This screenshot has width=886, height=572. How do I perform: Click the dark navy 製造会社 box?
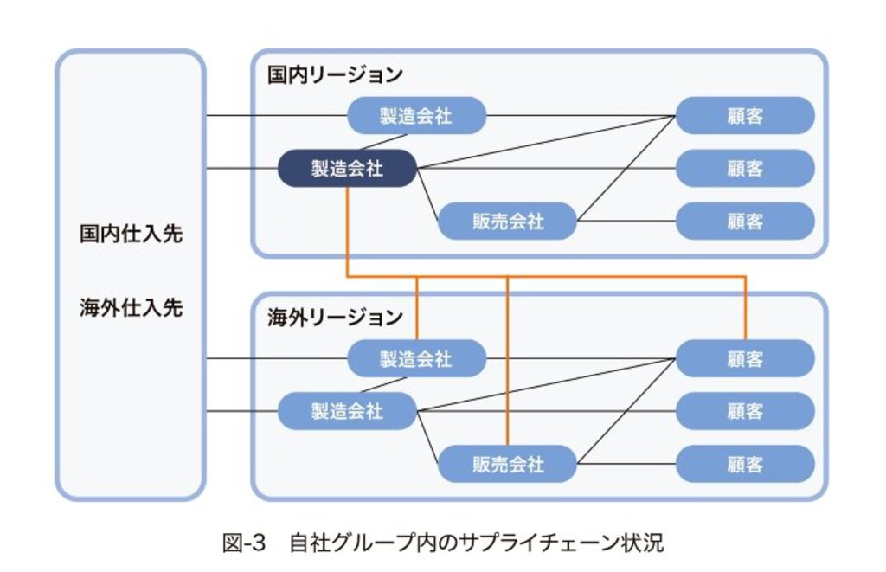pyautogui.click(x=347, y=168)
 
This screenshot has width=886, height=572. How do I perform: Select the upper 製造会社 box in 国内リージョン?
pyautogui.click(x=416, y=115)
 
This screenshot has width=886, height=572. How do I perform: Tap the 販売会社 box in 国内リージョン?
pyautogui.click(x=507, y=221)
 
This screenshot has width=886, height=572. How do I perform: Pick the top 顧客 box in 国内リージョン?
pyautogui.click(x=744, y=115)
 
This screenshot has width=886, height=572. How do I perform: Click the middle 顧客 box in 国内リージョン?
pyautogui.click(x=744, y=168)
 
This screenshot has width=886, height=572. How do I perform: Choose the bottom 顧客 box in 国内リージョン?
pyautogui.click(x=744, y=221)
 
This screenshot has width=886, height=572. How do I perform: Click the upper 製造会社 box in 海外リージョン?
pyautogui.click(x=416, y=358)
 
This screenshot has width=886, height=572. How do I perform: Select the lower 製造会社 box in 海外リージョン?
pyautogui.click(x=347, y=411)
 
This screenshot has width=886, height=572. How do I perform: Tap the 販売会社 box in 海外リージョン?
pyautogui.click(x=507, y=464)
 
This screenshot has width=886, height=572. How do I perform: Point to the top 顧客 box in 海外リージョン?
pyautogui.click(x=744, y=358)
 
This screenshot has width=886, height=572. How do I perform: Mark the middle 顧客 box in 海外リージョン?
pyautogui.click(x=744, y=411)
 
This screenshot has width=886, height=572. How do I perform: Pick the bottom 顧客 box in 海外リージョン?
pyautogui.click(x=744, y=464)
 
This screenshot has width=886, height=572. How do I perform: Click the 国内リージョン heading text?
pyautogui.click(x=334, y=75)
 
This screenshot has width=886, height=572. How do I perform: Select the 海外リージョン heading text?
pyautogui.click(x=334, y=318)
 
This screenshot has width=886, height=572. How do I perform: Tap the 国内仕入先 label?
pyautogui.click(x=131, y=234)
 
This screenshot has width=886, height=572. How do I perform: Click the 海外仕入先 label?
pyautogui.click(x=131, y=308)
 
